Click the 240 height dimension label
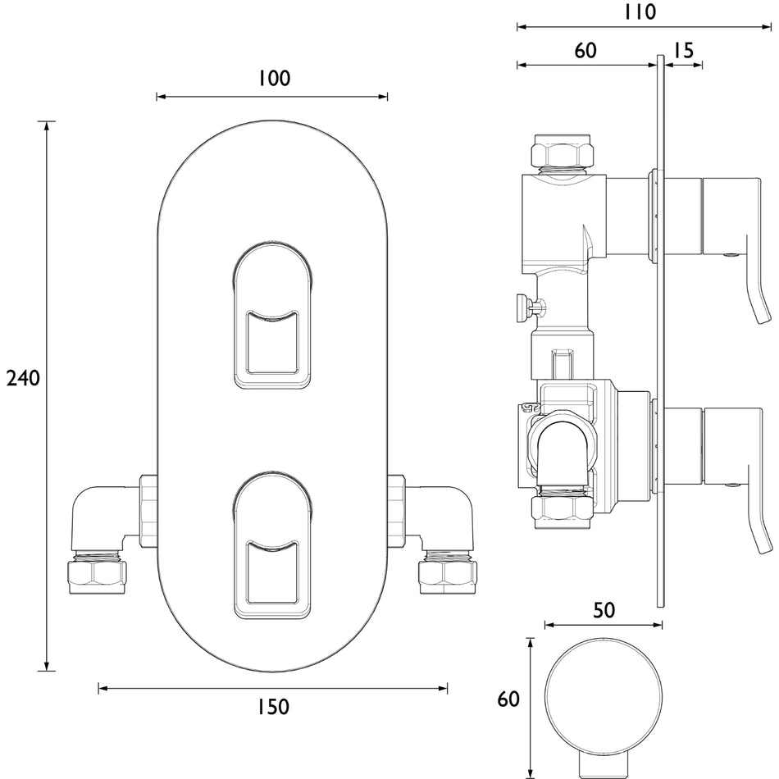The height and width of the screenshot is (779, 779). [23, 379]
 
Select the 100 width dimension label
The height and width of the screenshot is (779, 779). [274, 79]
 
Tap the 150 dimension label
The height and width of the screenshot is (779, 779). [273, 707]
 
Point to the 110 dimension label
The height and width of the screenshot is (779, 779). [640, 12]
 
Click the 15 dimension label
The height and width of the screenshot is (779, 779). [684, 50]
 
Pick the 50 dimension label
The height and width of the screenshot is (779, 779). [604, 610]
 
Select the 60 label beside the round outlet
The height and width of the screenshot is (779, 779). [508, 699]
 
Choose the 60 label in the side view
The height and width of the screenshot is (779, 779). [585, 50]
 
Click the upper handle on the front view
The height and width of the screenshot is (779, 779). [272, 315]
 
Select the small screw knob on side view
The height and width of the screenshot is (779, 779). [531, 308]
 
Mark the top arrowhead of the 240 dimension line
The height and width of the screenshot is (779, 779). [47, 125]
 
